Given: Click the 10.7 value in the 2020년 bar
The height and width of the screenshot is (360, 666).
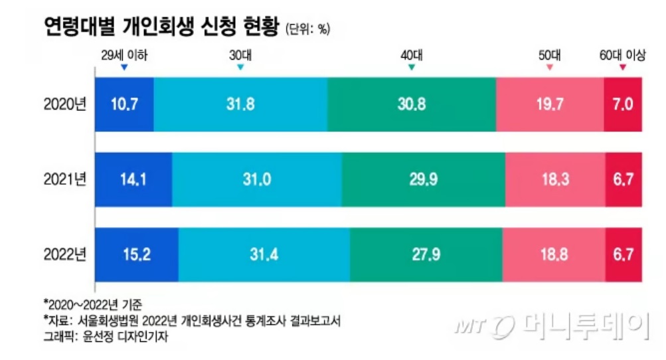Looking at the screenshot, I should pyautogui.click(x=125, y=104).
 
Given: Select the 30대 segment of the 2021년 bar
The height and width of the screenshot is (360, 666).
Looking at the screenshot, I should pyautogui.click(x=256, y=179).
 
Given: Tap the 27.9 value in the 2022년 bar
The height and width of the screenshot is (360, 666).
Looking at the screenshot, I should pyautogui.click(x=425, y=254).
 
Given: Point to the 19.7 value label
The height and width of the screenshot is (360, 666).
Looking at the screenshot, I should pyautogui.click(x=550, y=104).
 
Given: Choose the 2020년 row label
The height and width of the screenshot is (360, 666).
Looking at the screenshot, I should pyautogui.click(x=65, y=104).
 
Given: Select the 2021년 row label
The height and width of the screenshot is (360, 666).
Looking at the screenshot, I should pyautogui.click(x=65, y=179).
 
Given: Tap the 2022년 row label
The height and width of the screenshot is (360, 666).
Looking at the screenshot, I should pyautogui.click(x=65, y=254).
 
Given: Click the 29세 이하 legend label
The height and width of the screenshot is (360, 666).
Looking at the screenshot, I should pyautogui.click(x=124, y=56).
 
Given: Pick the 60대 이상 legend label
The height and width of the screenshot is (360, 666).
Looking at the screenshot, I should pyautogui.click(x=622, y=56).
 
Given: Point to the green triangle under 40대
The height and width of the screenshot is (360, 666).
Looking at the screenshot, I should pyautogui.click(x=412, y=68).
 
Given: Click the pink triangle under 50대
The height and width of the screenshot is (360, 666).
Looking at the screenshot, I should pyautogui.click(x=549, y=68).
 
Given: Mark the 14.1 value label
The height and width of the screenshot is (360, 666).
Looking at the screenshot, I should pyautogui.click(x=133, y=179).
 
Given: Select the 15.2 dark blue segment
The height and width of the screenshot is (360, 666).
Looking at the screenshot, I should pyautogui.click(x=137, y=254).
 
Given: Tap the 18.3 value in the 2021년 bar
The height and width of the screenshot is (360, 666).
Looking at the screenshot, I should pyautogui.click(x=554, y=179).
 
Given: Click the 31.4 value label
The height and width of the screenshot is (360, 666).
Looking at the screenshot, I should pyautogui.click(x=264, y=254).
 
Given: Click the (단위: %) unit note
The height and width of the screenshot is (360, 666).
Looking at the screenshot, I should pyautogui.click(x=308, y=29).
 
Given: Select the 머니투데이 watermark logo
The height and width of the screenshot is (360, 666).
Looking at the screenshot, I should pyautogui.click(x=550, y=325).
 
